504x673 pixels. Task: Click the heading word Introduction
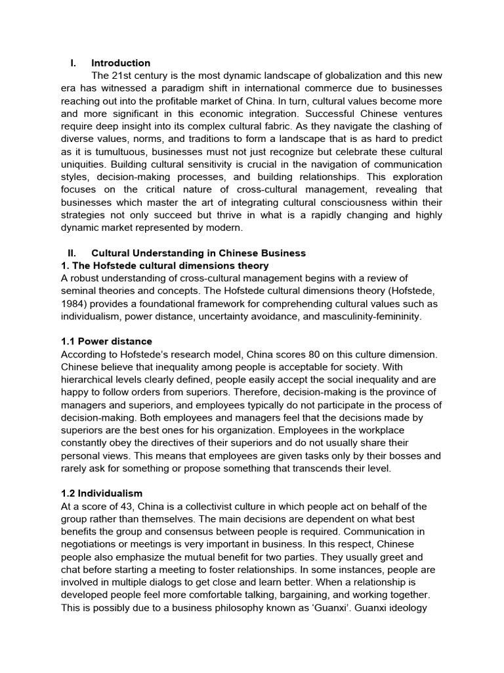pyautogui.click(x=121, y=63)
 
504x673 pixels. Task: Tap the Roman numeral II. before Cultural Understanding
pyautogui.click(x=72, y=253)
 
